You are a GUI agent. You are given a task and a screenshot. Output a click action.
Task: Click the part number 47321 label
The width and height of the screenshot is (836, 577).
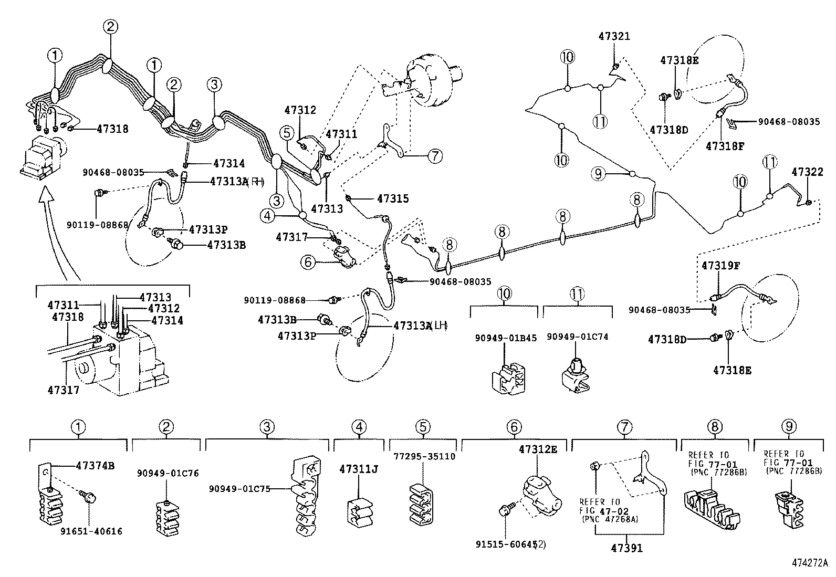tap(614, 36)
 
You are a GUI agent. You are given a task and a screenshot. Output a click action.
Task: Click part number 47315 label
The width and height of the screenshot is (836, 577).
tap(392, 198)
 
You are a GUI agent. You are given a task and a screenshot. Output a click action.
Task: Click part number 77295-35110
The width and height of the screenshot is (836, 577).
tap(424, 456)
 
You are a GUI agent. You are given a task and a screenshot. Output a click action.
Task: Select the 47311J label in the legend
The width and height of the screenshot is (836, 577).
tap(359, 469)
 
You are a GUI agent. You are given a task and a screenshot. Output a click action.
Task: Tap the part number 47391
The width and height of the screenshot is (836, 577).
tap(627, 548)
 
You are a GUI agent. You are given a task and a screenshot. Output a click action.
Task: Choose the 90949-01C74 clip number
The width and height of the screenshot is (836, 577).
tap(578, 337)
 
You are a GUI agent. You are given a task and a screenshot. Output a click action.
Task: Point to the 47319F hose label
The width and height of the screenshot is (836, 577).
tap(720, 266)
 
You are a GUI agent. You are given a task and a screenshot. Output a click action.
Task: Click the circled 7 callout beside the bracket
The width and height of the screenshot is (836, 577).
tap(435, 155)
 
